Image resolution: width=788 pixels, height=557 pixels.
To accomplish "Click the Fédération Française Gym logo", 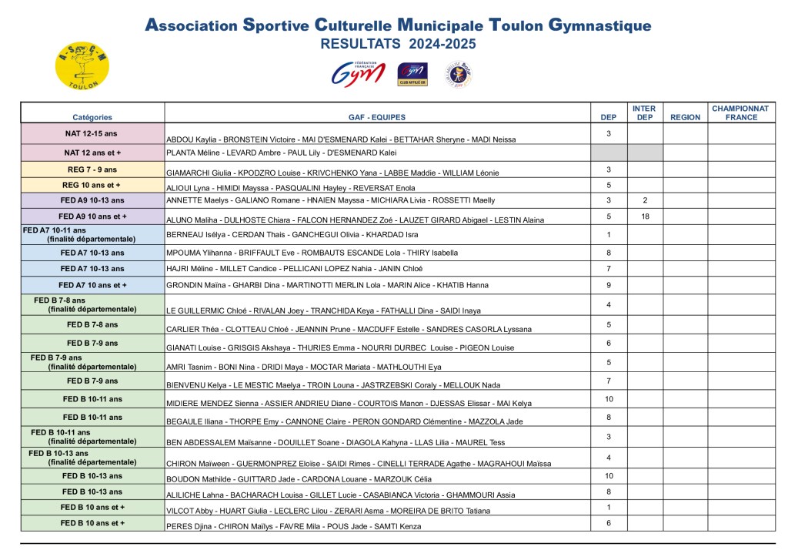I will click(x=358, y=74).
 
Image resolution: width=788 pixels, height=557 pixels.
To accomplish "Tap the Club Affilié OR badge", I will click(x=412, y=75).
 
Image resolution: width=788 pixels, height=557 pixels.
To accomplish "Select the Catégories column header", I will click(x=92, y=118).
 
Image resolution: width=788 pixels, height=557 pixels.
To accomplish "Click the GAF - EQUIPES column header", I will click(x=377, y=118).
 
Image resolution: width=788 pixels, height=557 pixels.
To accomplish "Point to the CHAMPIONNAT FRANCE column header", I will click(x=740, y=113).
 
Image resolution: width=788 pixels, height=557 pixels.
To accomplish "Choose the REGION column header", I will click(x=685, y=118).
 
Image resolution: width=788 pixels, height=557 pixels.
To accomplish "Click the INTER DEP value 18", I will click(x=645, y=216).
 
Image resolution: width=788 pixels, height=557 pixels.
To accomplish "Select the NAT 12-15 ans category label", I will click(x=92, y=133).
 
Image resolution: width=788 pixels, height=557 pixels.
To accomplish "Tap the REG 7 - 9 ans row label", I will click(x=92, y=169).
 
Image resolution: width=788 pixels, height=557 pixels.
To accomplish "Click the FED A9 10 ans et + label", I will click(x=92, y=216).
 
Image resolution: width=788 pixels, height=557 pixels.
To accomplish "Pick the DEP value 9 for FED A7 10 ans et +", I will click(x=609, y=284).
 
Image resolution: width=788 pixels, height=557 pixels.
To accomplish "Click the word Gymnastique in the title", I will click(x=600, y=25).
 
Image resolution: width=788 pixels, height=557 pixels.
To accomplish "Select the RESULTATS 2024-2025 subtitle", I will click(x=398, y=44).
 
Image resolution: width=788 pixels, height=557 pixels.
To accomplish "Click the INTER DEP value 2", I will click(x=645, y=200).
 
